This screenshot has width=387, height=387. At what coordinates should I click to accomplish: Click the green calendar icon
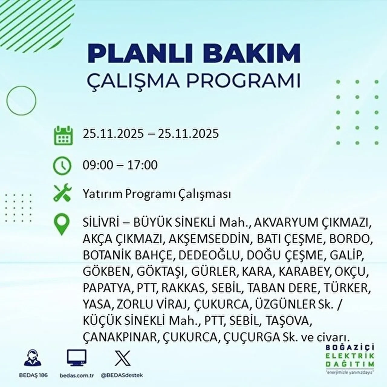(x=63, y=135)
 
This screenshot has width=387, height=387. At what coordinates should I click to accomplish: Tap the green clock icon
(x=62, y=166)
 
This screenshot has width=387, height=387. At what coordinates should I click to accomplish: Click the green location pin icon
(x=61, y=224)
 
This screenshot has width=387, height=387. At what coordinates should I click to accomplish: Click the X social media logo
(x=122, y=358)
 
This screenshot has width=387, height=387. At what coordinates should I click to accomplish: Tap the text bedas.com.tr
(x=77, y=375)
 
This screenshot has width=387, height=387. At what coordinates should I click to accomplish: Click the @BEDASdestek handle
(x=122, y=375)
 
